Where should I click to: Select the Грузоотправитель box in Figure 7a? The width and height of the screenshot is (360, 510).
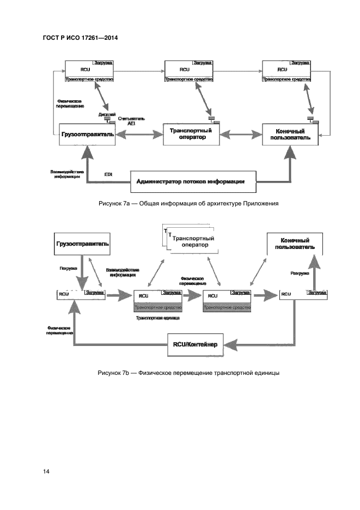(x=88, y=134)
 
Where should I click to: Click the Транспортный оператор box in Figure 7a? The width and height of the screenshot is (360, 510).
(x=191, y=134)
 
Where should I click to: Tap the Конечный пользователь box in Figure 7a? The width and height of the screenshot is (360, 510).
(x=290, y=134)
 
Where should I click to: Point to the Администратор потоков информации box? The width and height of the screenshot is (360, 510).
(x=194, y=180)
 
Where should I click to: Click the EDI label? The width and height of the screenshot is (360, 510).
(x=108, y=174)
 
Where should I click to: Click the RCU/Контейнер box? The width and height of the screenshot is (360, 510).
(x=194, y=344)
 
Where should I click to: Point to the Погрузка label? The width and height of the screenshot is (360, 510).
(x=68, y=268)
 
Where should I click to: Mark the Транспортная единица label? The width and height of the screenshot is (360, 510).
(x=158, y=317)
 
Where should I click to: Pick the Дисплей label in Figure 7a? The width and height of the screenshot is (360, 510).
(x=107, y=114)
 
